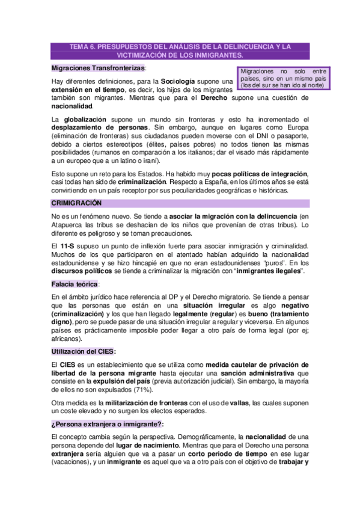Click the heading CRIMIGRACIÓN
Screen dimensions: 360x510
(x=76, y=203)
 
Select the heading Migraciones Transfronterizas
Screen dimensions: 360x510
(x=99, y=69)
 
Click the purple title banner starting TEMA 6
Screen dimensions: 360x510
(x=180, y=50)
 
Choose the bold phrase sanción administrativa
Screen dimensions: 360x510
(x=258, y=373)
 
